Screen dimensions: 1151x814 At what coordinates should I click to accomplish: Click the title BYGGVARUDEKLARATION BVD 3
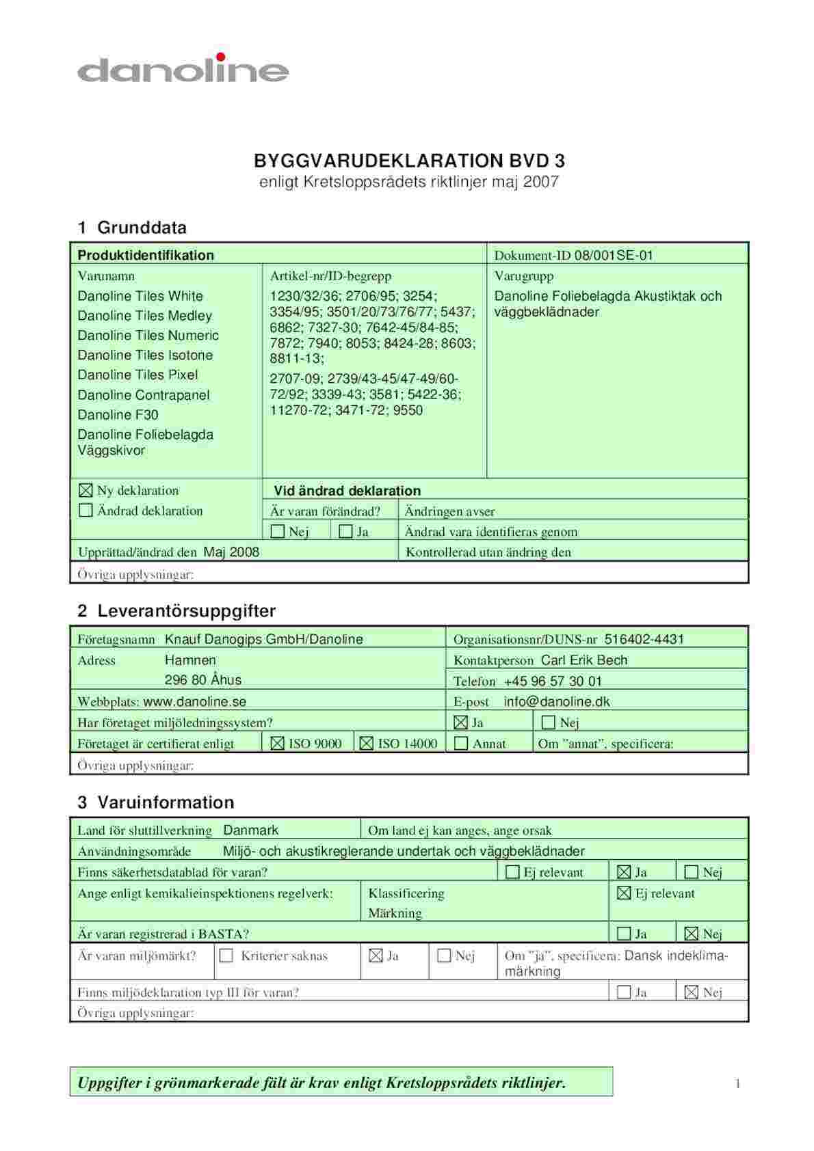[x=409, y=161]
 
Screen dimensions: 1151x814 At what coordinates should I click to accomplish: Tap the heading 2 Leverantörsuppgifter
[x=176, y=610]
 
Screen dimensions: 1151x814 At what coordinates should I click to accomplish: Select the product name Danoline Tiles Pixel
[x=137, y=375]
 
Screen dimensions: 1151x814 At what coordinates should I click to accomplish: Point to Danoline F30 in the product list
[x=118, y=414]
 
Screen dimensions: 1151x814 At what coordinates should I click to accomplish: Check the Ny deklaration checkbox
[x=86, y=490]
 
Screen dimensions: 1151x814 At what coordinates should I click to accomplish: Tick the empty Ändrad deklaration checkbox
[x=86, y=511]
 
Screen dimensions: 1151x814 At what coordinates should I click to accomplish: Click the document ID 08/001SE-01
[x=614, y=256]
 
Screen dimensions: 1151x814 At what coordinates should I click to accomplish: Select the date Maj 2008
[x=231, y=552]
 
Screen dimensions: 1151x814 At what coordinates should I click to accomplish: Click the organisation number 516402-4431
[x=644, y=639]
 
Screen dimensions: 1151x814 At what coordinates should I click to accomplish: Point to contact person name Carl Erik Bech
[x=583, y=660]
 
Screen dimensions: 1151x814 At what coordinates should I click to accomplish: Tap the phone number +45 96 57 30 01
[x=553, y=681]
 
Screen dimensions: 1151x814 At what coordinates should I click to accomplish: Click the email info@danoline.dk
[x=556, y=701]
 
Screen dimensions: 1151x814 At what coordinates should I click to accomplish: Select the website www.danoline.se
[x=194, y=701]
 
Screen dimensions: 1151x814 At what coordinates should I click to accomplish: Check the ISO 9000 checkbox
[x=277, y=744]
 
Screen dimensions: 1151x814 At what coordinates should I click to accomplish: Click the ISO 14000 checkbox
[x=367, y=744]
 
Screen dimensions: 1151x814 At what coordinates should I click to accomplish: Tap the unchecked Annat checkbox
[x=461, y=744]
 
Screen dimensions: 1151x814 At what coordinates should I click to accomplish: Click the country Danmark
[x=250, y=830]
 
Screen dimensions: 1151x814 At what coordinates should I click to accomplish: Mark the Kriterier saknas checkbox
[x=226, y=956]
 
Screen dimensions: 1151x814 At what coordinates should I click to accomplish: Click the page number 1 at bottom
[x=737, y=1083]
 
